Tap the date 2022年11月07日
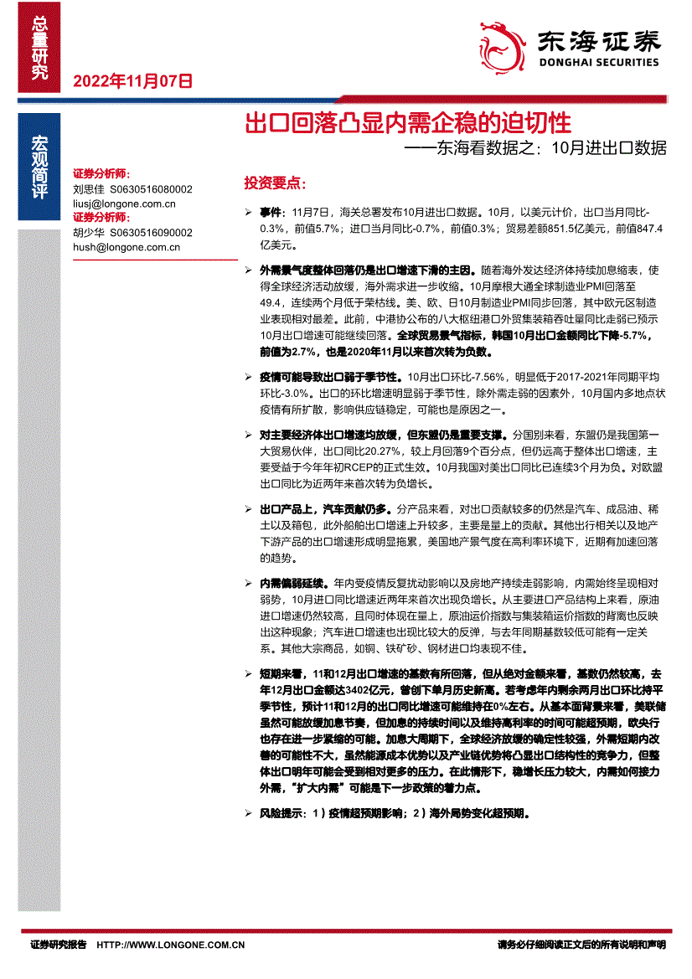pos(133,81)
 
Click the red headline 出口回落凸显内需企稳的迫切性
pos(407,125)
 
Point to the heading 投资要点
pos(274,183)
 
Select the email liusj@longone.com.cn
pos(124,203)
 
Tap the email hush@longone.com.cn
pos(127,247)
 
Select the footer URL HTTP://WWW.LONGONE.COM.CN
pos(171,945)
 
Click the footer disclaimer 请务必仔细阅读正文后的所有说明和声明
pos(581,945)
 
